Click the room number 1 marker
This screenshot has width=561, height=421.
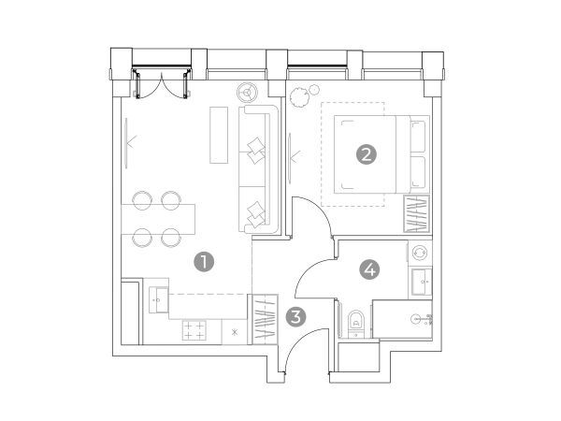click(x=204, y=262)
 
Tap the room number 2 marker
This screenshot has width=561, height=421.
click(x=366, y=154)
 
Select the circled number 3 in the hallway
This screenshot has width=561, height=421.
click(x=295, y=317)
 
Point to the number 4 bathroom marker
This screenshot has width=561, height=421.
click(x=370, y=269)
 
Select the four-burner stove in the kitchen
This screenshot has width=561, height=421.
click(x=194, y=329)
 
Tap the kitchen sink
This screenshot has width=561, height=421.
click(x=159, y=299)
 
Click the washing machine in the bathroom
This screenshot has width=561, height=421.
click(x=419, y=254)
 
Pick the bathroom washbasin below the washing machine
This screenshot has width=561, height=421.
click(x=422, y=282)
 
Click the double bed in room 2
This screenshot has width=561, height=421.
click(x=381, y=154)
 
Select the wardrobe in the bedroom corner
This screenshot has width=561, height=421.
click(x=417, y=213)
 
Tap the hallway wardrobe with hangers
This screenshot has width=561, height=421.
click(x=266, y=319)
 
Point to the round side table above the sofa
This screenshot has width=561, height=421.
click(x=247, y=93)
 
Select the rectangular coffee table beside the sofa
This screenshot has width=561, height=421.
click(x=219, y=135)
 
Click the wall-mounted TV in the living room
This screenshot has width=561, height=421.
click(x=126, y=143)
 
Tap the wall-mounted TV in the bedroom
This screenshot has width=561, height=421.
click(x=290, y=158)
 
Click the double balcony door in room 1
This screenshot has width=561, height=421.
click(x=162, y=83)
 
